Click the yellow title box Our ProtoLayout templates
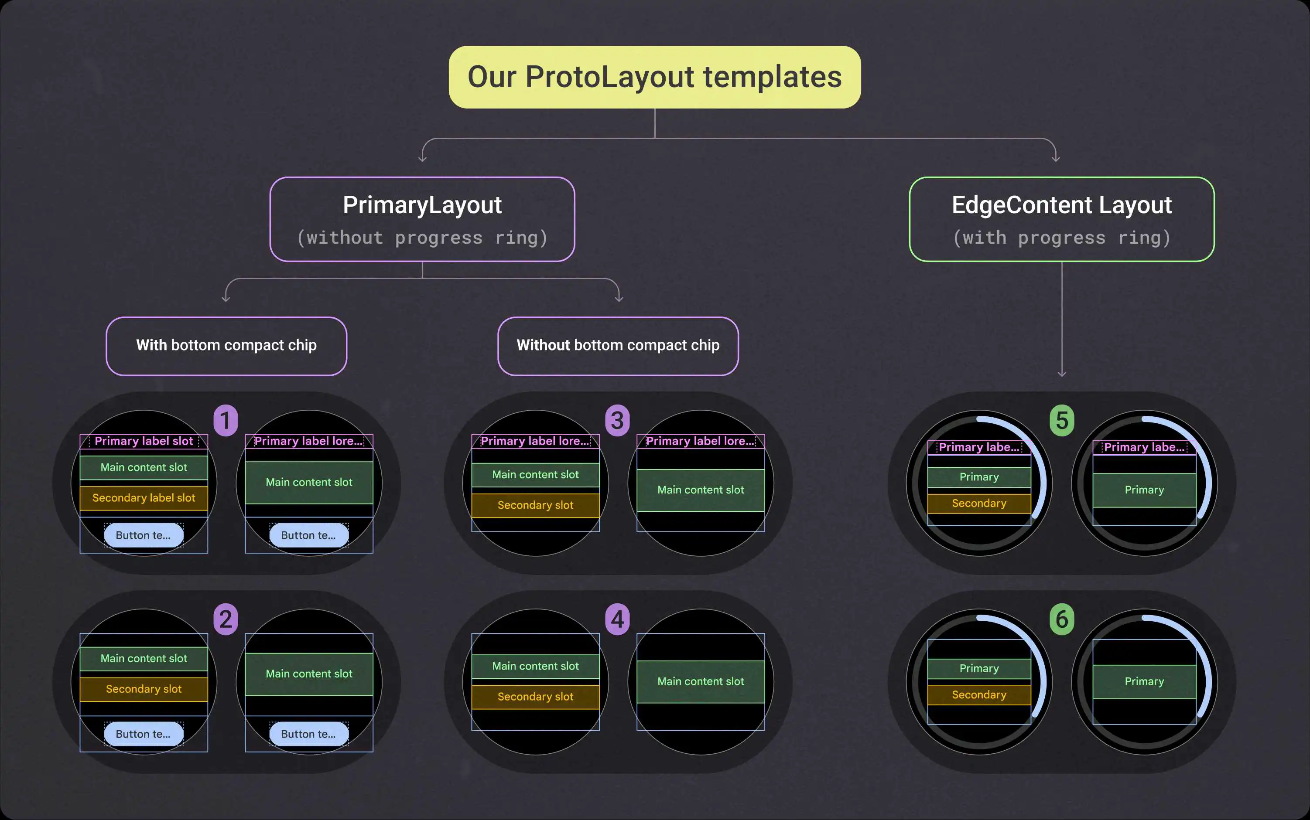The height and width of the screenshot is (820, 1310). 654,77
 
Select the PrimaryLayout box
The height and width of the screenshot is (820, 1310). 422,219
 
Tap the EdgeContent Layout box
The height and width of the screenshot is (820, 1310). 1061,219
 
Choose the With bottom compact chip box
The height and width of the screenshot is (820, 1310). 226,346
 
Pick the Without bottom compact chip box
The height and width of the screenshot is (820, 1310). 618,346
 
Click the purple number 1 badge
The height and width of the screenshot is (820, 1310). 226,420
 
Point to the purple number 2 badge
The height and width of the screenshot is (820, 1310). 226,619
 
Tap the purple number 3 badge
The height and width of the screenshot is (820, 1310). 618,420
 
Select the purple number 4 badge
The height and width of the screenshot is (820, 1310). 618,619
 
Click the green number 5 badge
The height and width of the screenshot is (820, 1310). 1062,420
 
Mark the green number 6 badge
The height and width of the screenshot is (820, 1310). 1062,619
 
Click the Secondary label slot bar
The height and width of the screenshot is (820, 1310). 144,498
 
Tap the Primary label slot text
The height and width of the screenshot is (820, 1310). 144,441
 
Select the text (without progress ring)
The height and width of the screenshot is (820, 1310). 422,238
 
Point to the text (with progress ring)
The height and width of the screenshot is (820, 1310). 1061,238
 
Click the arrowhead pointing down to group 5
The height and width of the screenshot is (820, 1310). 1062,373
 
